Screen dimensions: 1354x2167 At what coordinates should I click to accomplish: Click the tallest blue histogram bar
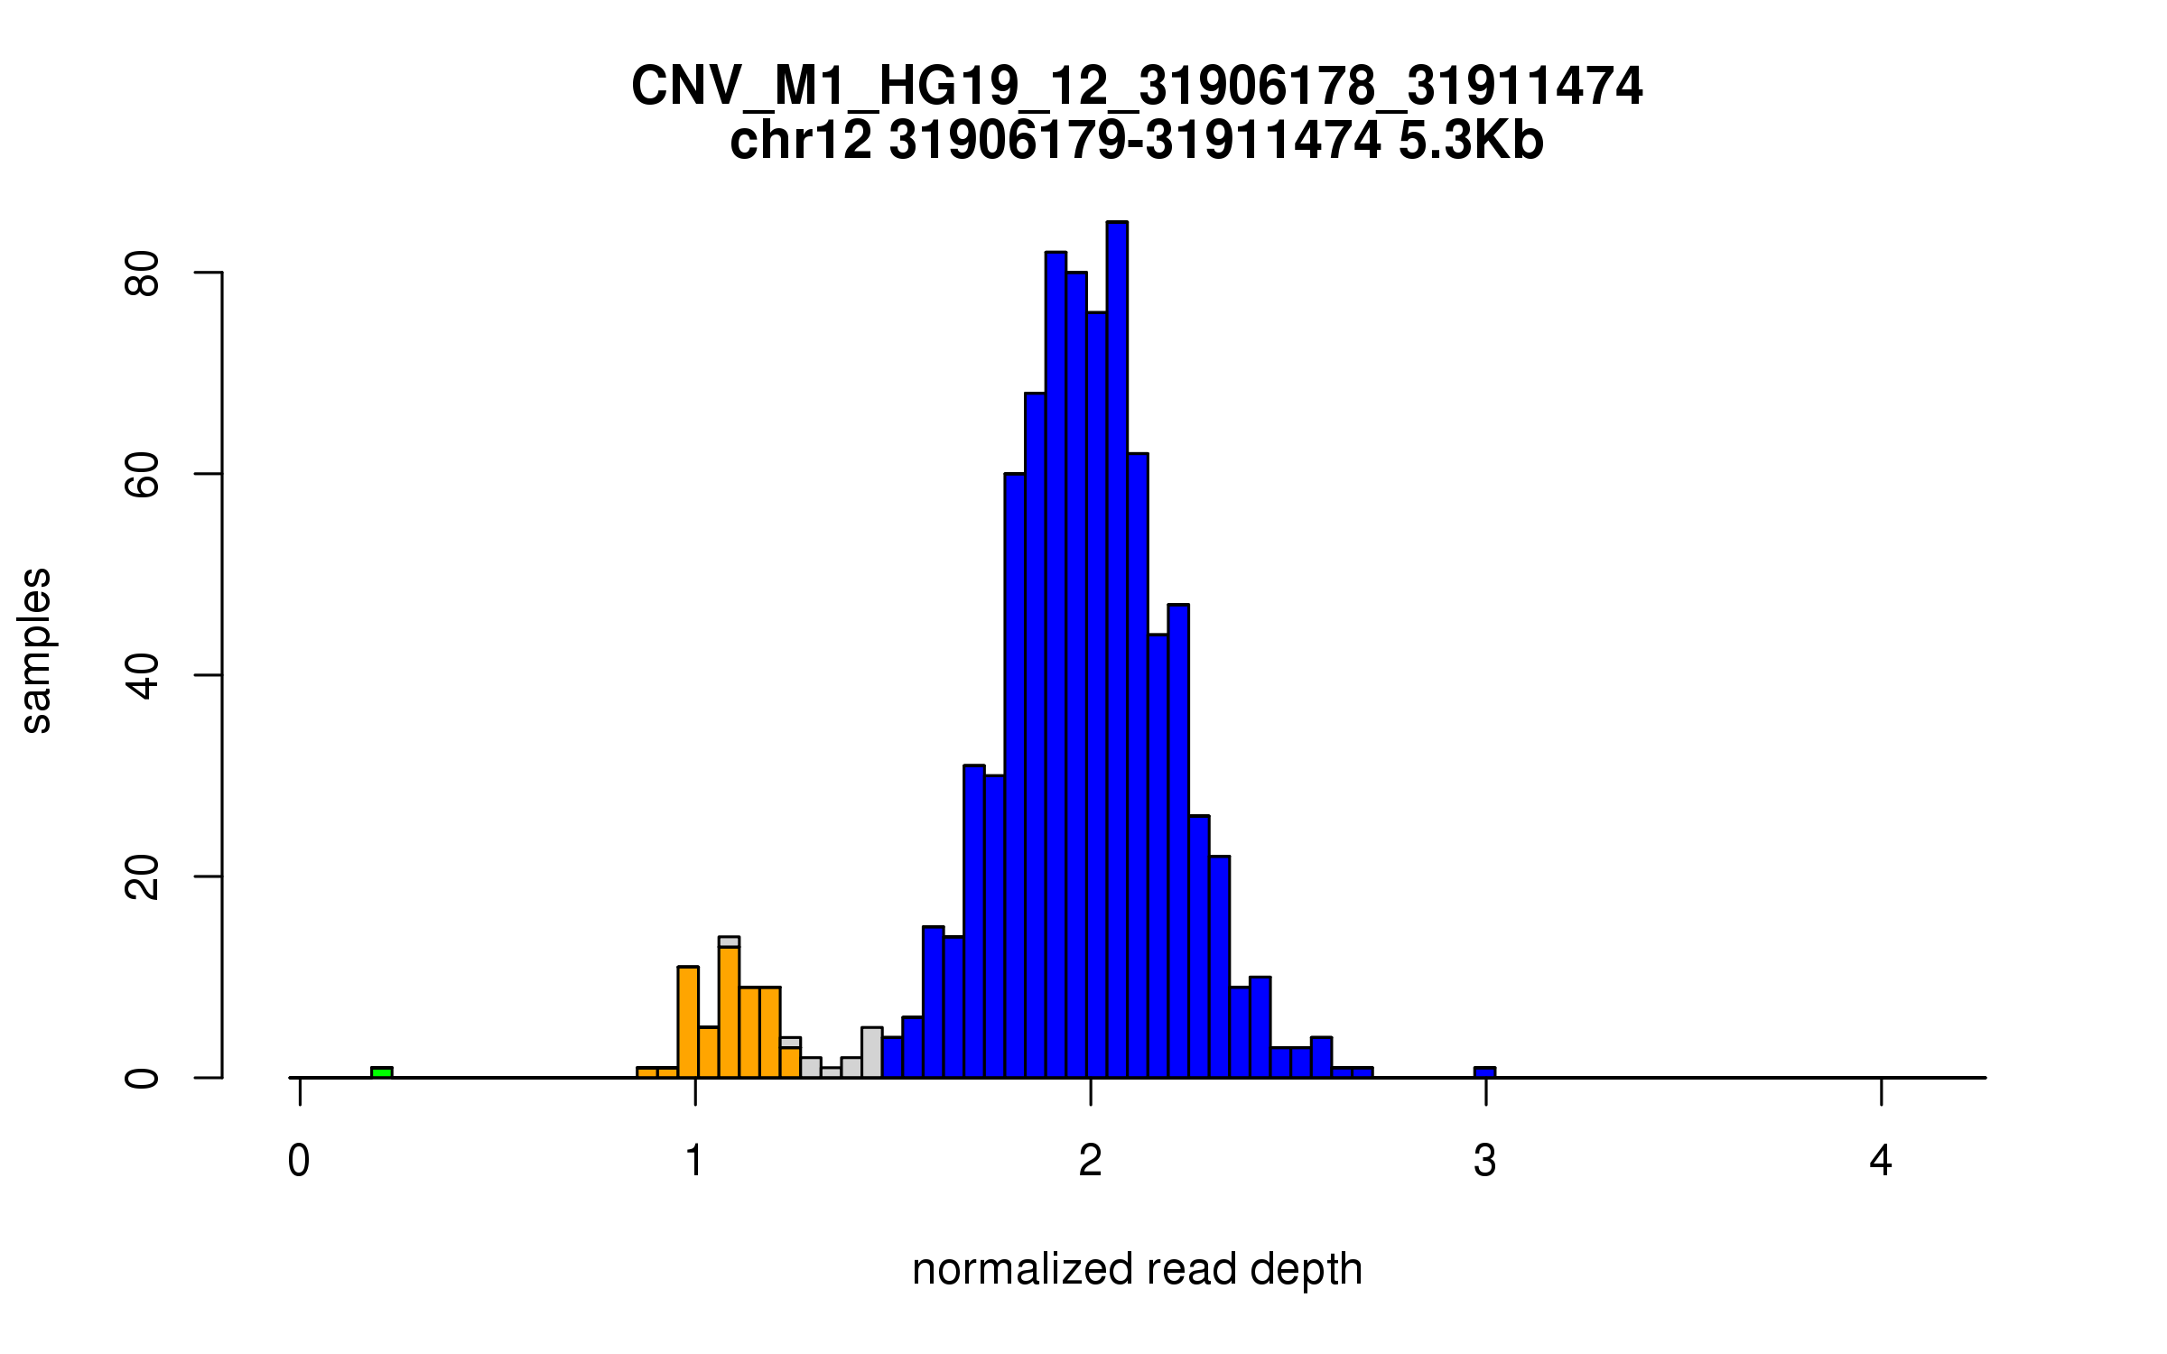[x=1117, y=650]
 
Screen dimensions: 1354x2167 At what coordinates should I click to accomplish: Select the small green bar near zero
[x=382, y=1072]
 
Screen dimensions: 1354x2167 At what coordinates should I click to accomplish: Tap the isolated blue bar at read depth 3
[x=1484, y=1072]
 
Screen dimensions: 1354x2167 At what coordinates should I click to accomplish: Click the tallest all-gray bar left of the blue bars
[x=871, y=1053]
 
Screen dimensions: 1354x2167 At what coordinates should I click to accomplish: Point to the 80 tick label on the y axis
[x=143, y=274]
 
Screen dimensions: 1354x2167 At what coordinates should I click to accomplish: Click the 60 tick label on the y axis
[x=143, y=475]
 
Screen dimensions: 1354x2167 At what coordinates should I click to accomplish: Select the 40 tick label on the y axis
[x=143, y=676]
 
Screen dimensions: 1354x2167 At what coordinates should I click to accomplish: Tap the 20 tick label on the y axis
[x=143, y=877]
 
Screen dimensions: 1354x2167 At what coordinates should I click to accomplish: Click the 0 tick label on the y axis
[x=143, y=1078]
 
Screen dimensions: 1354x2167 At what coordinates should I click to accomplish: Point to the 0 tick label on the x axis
[x=299, y=1161]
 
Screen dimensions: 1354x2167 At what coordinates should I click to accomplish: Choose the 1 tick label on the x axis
[x=694, y=1161]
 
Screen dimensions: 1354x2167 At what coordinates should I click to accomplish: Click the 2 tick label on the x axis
[x=1090, y=1161]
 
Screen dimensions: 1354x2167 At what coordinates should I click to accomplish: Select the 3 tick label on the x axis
[x=1485, y=1161]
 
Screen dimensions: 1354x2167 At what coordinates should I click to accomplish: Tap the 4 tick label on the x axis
[x=1881, y=1161]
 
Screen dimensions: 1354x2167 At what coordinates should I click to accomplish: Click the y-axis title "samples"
[x=36, y=651]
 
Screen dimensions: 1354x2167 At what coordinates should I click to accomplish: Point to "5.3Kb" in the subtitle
[x=1471, y=141]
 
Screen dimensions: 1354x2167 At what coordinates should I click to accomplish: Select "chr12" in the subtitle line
[x=801, y=141]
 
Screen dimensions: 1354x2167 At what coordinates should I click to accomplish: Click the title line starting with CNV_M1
[x=1137, y=87]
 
